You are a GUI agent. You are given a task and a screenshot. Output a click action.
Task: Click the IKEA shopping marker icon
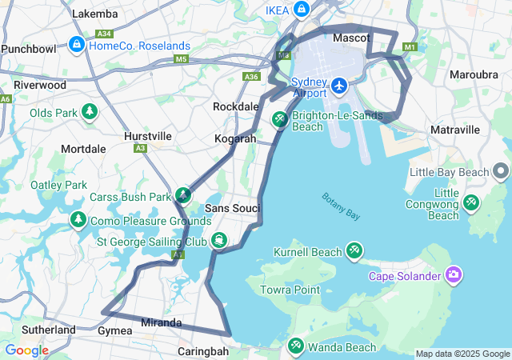pyautogui.click(x=302, y=10)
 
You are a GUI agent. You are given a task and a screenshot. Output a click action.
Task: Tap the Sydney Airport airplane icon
pyautogui.click(x=339, y=85)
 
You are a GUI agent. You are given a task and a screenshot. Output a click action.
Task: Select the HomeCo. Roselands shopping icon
pyautogui.click(x=77, y=44)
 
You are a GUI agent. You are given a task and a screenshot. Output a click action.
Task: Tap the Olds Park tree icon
pyautogui.click(x=89, y=111)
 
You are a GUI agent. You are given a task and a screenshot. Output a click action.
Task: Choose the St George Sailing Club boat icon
pyautogui.click(x=218, y=241)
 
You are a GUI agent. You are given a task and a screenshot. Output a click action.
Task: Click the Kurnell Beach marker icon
pyautogui.click(x=354, y=251)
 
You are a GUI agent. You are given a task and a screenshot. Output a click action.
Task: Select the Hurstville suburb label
pyautogui.click(x=148, y=136)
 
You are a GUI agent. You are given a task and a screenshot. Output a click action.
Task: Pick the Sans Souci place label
pyautogui.click(x=233, y=208)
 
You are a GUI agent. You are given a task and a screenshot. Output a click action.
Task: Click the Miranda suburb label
pyautogui.click(x=161, y=322)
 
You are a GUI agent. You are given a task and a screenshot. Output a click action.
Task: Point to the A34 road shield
pyautogui.click(x=103, y=34)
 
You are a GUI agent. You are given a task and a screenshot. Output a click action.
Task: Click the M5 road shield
pyautogui.click(x=181, y=58)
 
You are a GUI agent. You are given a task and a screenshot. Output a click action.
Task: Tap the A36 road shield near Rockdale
pyautogui.click(x=251, y=77)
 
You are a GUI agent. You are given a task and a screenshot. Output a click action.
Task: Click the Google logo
pyautogui.click(x=26, y=350)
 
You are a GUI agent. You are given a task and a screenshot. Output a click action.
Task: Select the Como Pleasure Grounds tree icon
pyautogui.click(x=78, y=219)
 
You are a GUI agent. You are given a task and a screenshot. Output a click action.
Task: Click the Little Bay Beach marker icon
pyautogui.click(x=501, y=171)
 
